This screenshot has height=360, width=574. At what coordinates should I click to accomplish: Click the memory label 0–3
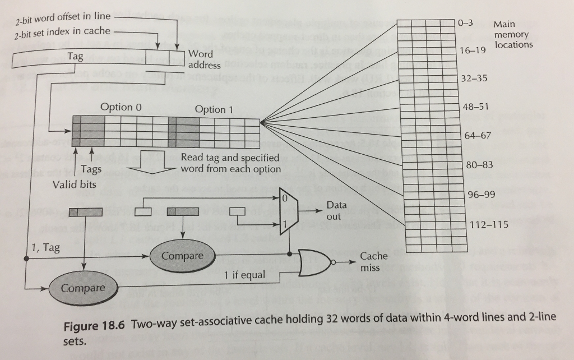[466, 23]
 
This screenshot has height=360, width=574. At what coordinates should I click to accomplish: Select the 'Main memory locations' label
[513, 34]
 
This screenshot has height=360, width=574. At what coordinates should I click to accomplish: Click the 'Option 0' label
[117, 107]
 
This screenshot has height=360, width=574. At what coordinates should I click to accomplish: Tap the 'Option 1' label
[213, 109]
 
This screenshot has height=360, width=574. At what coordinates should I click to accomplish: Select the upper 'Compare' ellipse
[182, 256]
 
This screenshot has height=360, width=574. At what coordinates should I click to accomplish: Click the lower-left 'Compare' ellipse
[83, 288]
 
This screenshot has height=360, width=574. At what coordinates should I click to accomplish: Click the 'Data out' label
[334, 211]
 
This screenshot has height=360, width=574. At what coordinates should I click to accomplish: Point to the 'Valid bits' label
[75, 184]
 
